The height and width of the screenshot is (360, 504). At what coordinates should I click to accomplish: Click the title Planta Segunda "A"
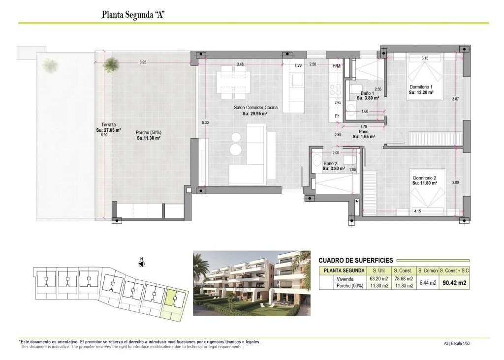[x=132, y=15]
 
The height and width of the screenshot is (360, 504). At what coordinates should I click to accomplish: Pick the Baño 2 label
[x=331, y=166]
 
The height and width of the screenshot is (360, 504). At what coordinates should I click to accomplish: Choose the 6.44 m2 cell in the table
[x=426, y=283]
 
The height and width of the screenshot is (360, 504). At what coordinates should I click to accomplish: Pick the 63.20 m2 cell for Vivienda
[x=378, y=279]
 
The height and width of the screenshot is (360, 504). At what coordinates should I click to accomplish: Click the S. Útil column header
[x=378, y=270]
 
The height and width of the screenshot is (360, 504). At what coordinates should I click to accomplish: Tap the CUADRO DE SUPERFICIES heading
[x=355, y=260]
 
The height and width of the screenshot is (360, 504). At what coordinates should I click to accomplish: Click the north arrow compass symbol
[x=141, y=264]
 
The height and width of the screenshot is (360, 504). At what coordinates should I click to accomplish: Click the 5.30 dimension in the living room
[x=205, y=122]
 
